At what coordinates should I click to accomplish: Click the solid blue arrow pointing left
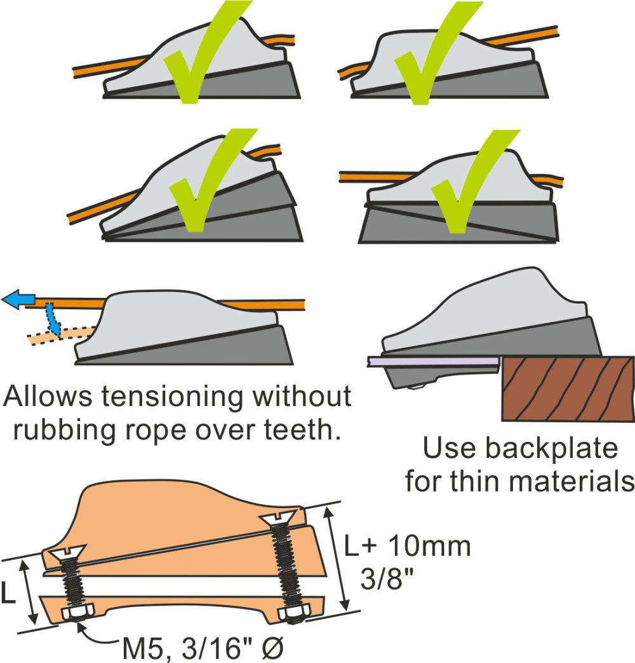(x=18, y=298)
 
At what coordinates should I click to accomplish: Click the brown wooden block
(x=568, y=388)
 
